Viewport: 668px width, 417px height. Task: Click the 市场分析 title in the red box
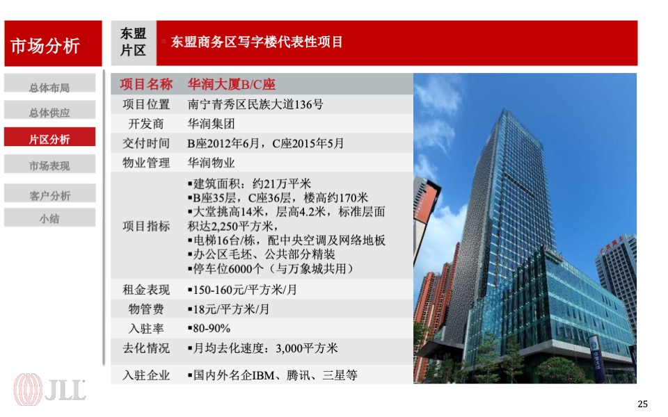click(45, 46)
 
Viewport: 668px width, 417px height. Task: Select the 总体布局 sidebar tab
click(49, 88)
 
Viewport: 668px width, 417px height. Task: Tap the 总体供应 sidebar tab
click(49, 113)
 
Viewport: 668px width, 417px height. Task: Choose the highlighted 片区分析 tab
click(49, 139)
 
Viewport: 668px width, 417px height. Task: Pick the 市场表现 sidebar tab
click(49, 165)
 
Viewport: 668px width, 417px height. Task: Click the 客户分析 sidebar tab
click(49, 195)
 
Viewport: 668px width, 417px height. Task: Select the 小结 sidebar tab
click(49, 218)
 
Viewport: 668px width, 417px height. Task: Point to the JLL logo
click(51, 388)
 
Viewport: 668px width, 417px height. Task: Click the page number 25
click(642, 404)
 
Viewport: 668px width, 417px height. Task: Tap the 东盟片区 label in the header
click(133, 42)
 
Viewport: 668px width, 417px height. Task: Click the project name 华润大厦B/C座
click(232, 85)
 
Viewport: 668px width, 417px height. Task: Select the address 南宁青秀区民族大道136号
click(255, 105)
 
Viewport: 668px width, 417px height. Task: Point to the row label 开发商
click(146, 124)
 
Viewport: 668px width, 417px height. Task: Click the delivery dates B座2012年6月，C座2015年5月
click(266, 144)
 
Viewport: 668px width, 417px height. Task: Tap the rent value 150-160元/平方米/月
click(241, 290)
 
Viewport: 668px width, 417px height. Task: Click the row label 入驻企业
click(146, 375)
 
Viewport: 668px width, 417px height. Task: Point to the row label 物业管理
click(146, 163)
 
